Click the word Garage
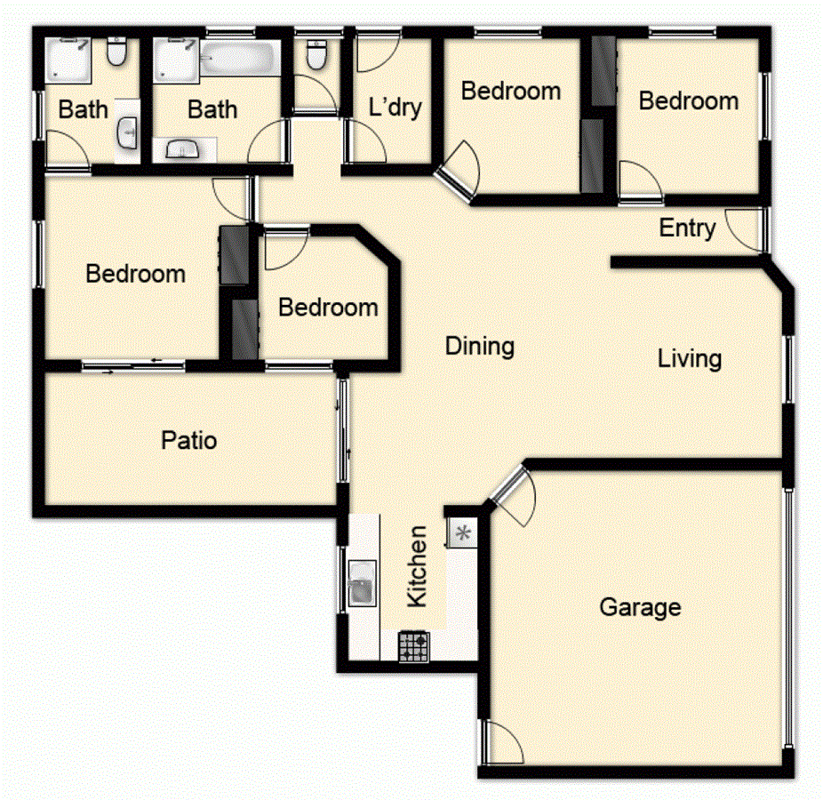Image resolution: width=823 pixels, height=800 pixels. (640, 608)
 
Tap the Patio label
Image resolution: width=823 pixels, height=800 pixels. (189, 440)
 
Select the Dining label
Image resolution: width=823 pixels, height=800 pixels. (480, 346)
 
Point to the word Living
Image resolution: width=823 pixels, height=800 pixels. (690, 359)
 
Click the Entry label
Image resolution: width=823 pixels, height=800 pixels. (687, 228)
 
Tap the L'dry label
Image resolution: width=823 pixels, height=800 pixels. (395, 108)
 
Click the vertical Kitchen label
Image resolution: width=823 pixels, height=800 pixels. (417, 566)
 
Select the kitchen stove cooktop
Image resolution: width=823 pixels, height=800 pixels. (413, 645)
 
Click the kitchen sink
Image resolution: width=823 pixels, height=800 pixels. (363, 584)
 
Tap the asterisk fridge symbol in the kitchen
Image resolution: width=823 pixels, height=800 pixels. (462, 534)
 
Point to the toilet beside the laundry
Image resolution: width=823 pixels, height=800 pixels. (314, 55)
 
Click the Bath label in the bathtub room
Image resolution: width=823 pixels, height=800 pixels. (212, 109)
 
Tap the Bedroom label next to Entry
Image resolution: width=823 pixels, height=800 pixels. (689, 100)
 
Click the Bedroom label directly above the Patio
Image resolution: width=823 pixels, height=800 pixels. (135, 274)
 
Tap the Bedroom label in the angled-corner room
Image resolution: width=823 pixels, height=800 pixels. (328, 308)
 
